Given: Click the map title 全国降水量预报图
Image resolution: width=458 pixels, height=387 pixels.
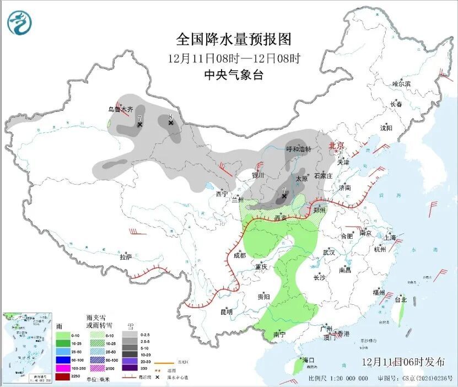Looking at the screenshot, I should point(233,39).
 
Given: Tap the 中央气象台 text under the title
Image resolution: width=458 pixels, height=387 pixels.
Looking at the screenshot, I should point(233,75).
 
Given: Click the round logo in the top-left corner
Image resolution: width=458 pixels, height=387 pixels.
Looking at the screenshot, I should point(19,23).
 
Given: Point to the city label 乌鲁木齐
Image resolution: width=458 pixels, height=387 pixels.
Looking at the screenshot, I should point(120,109).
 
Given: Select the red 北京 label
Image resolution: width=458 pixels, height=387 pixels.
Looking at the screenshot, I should point(336,146).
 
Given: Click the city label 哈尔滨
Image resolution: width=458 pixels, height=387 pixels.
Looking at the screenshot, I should point(401,84).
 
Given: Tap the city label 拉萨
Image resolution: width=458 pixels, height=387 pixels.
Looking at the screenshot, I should point(126,256).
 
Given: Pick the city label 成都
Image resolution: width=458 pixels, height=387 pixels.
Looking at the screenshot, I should point(239,255).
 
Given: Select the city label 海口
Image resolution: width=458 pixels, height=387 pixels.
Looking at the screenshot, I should point(308,360).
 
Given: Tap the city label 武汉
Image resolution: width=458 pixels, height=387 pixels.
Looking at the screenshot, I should point(329,252).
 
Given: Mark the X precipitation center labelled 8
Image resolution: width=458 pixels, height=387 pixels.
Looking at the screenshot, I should point(171,123).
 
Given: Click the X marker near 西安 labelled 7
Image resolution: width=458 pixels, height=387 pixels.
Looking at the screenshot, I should point(284,196).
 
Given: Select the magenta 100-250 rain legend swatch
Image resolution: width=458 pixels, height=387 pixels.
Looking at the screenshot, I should point(62,368).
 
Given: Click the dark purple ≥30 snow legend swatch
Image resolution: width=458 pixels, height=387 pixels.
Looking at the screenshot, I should point(130,368).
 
